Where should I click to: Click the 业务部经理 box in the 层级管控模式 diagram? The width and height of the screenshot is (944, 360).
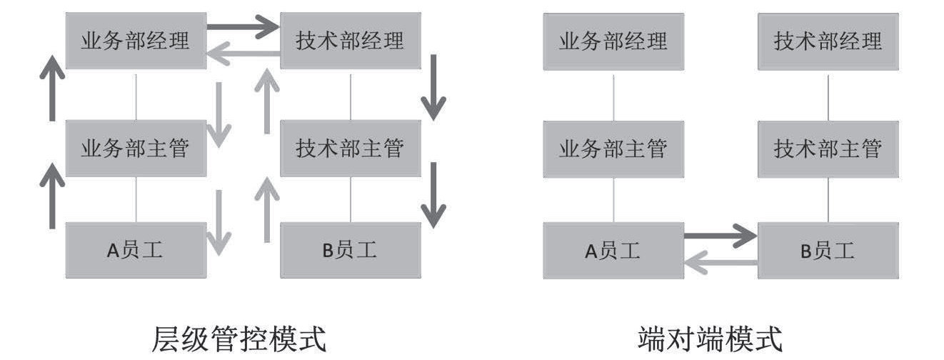coord(136,41)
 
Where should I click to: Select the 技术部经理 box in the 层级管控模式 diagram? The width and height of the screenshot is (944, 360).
coord(350,41)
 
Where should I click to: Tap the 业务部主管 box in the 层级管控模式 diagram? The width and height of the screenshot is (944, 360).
coord(136,149)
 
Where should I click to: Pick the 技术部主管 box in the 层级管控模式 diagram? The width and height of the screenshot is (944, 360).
coord(350,149)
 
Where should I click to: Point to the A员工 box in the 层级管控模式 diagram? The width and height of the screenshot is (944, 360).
coord(136,250)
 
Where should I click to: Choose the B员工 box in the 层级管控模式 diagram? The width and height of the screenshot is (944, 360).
coord(350,250)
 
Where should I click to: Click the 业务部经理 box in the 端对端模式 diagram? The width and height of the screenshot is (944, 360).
coord(613,41)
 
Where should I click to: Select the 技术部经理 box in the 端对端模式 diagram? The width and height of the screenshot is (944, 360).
coord(828,41)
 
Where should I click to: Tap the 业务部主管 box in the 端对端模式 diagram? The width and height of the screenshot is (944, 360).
coord(613,149)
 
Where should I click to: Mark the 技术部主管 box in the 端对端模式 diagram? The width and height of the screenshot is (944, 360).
coord(828,149)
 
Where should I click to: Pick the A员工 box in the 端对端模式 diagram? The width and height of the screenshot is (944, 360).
coord(613,250)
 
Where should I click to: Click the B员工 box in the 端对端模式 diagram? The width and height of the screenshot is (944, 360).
coord(828,250)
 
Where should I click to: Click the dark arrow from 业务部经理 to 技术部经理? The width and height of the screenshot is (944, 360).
coord(243,28)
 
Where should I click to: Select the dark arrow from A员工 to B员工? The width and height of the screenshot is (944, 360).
coord(720,235)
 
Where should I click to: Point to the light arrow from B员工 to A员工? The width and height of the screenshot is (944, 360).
coord(720,264)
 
